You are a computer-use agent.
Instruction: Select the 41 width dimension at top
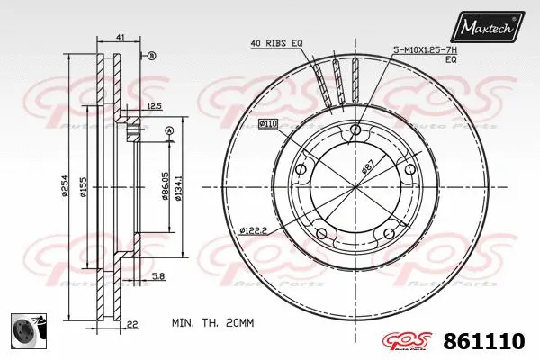(x=120, y=37)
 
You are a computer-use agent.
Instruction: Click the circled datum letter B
(x=152, y=57)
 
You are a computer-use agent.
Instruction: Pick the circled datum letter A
(x=168, y=131)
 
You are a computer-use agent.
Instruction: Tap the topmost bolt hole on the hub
(x=355, y=132)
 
